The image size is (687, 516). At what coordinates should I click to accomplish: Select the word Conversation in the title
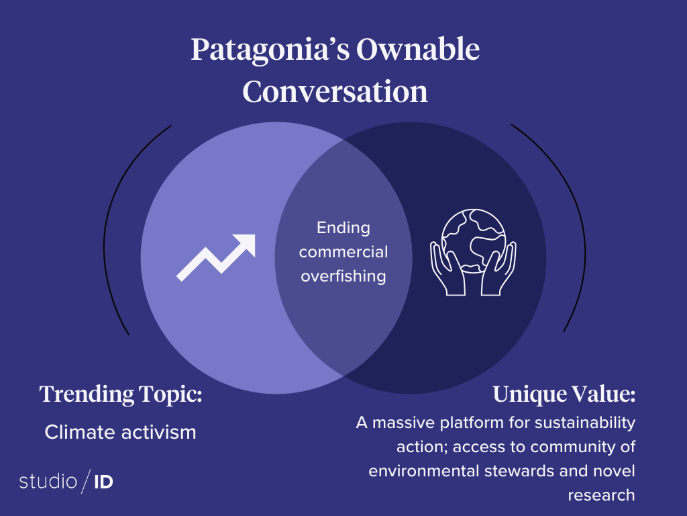[335, 91]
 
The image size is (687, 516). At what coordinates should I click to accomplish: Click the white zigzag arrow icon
[216, 257]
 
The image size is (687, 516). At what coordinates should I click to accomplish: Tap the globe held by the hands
[473, 241]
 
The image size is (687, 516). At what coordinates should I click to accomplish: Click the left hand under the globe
[447, 269]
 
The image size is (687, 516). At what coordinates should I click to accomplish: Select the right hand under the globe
[498, 269]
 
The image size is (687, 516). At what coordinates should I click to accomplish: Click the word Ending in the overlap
[343, 228]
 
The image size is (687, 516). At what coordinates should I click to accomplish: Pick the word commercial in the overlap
[343, 252]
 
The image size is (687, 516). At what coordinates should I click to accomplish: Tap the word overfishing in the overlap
[343, 276]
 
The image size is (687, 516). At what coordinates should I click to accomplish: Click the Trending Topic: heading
[121, 394]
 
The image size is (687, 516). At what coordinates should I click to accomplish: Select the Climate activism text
[121, 432]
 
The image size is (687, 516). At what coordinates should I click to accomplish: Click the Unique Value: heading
[564, 394]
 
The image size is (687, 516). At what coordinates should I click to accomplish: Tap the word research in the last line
[602, 495]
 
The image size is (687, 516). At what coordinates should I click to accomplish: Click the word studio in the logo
[48, 481]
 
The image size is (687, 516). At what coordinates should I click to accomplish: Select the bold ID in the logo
[103, 482]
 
